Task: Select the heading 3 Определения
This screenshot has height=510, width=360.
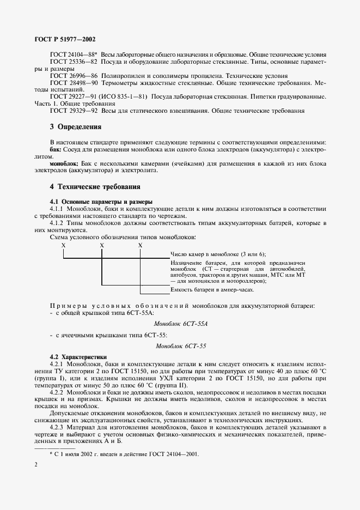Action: coord(76,127)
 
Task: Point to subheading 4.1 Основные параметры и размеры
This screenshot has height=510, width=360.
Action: coord(101,202)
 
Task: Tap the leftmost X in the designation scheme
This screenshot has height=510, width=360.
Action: coord(64,245)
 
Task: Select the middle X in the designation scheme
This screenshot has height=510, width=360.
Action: coord(102,245)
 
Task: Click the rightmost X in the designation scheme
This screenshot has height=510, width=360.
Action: coord(140,245)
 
